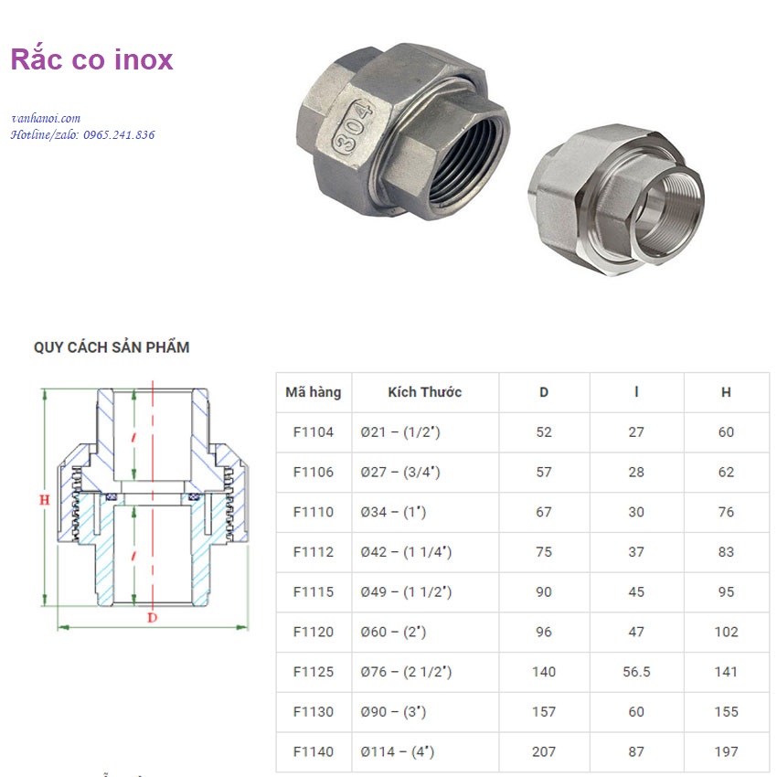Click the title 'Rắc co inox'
(x=91, y=60)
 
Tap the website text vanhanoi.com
(x=46, y=119)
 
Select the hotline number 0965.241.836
(x=119, y=135)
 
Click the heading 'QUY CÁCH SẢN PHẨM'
(x=112, y=347)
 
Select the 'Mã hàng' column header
(x=313, y=392)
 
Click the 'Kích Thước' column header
(x=424, y=392)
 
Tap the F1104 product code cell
(x=313, y=432)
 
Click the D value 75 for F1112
(x=544, y=552)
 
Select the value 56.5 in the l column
(x=636, y=672)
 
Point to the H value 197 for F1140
(x=726, y=751)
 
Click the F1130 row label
(x=313, y=712)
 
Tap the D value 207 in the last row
(x=544, y=751)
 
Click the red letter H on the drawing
(x=43, y=500)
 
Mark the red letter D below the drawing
(x=152, y=618)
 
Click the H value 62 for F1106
(x=726, y=473)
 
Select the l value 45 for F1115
(x=636, y=592)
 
